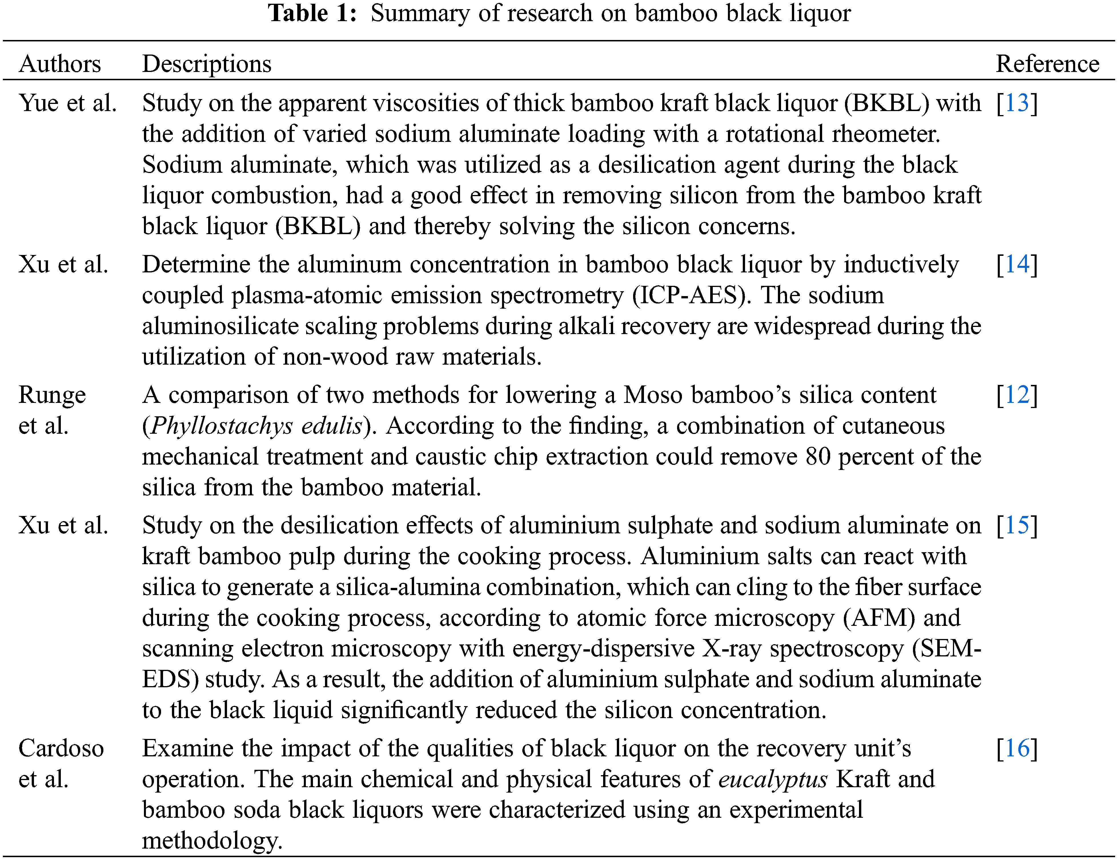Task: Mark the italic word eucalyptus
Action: (x=773, y=779)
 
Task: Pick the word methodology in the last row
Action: (x=212, y=841)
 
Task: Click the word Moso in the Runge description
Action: (x=653, y=395)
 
